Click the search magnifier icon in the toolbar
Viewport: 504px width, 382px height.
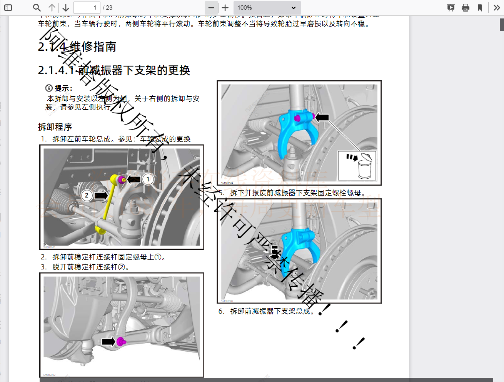37,8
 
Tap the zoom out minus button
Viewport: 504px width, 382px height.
211,8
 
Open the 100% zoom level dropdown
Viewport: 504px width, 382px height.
267,8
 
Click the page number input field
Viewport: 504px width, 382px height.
87,8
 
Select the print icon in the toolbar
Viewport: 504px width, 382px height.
466,8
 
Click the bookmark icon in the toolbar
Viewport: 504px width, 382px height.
480,8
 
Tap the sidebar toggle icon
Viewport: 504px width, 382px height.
8,8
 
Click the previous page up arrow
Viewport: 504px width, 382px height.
52,8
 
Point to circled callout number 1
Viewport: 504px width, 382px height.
148,179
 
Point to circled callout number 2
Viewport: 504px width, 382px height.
87,195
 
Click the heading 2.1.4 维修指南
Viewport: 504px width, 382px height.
77,47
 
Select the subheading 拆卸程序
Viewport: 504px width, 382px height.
55,127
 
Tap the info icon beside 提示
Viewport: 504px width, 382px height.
49,88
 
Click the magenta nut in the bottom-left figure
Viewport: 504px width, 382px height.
121,342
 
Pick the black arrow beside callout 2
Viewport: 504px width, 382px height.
101,196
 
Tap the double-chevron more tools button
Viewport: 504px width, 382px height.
497,8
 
